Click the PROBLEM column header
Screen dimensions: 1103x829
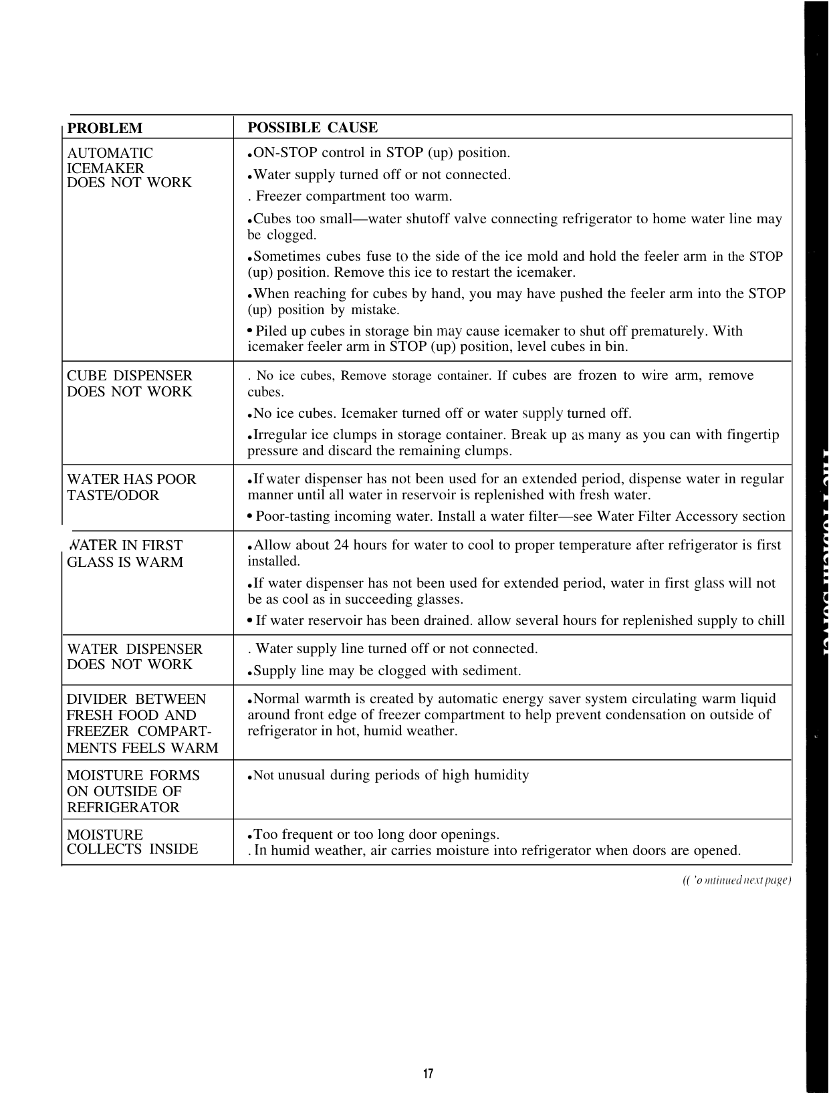click(105, 128)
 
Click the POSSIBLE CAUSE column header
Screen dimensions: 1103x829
click(312, 128)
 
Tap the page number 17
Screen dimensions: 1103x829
click(428, 1074)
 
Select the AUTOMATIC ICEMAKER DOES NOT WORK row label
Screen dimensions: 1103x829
click(129, 168)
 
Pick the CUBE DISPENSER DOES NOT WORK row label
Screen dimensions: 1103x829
click(129, 384)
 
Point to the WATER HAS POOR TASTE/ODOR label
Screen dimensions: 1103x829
click(131, 487)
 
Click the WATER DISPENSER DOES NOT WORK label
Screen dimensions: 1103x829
click(134, 656)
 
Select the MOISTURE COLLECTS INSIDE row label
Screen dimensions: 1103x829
click(132, 842)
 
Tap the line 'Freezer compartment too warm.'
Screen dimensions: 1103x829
click(354, 197)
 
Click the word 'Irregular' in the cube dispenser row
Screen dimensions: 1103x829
click(281, 435)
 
